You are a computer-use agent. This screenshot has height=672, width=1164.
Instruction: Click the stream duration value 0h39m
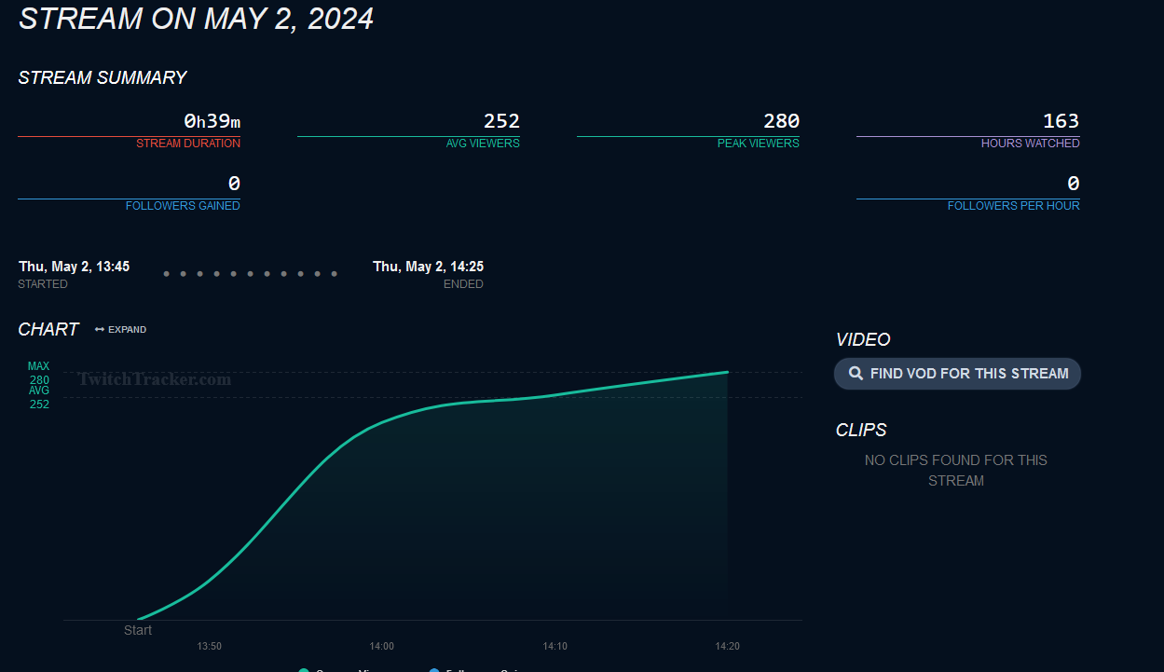pos(212,121)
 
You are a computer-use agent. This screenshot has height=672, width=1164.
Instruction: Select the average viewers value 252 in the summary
pos(501,121)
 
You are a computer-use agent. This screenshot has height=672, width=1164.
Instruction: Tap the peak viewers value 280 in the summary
pos(781,121)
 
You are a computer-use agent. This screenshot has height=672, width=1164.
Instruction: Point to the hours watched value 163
pos(1061,121)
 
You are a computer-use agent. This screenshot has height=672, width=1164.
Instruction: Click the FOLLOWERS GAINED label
pos(183,206)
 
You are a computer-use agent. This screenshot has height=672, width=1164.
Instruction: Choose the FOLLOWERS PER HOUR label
pos(1013,206)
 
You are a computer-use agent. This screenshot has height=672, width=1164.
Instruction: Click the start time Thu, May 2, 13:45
pos(75,267)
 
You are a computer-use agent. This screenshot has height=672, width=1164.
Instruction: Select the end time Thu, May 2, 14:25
pos(428,267)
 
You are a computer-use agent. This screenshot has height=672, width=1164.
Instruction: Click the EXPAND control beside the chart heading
pos(121,330)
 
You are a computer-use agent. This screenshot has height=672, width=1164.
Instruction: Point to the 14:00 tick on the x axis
pos(382,646)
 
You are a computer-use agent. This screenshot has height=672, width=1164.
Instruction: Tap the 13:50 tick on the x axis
pos(210,646)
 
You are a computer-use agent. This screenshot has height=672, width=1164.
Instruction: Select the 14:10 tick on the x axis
pos(555,646)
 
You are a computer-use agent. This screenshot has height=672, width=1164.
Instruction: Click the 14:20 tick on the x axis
pos(727,646)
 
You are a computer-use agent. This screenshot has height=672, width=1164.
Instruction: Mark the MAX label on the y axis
pos(39,367)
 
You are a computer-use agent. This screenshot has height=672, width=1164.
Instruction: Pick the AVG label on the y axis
pos(39,391)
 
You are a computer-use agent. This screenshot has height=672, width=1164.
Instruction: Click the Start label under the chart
pos(138,631)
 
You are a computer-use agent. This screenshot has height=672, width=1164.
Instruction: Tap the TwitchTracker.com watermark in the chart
pos(155,379)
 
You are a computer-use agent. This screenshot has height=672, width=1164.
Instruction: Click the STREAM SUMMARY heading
pos(103,78)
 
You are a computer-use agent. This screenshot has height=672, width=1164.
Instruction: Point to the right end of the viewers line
pos(727,372)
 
